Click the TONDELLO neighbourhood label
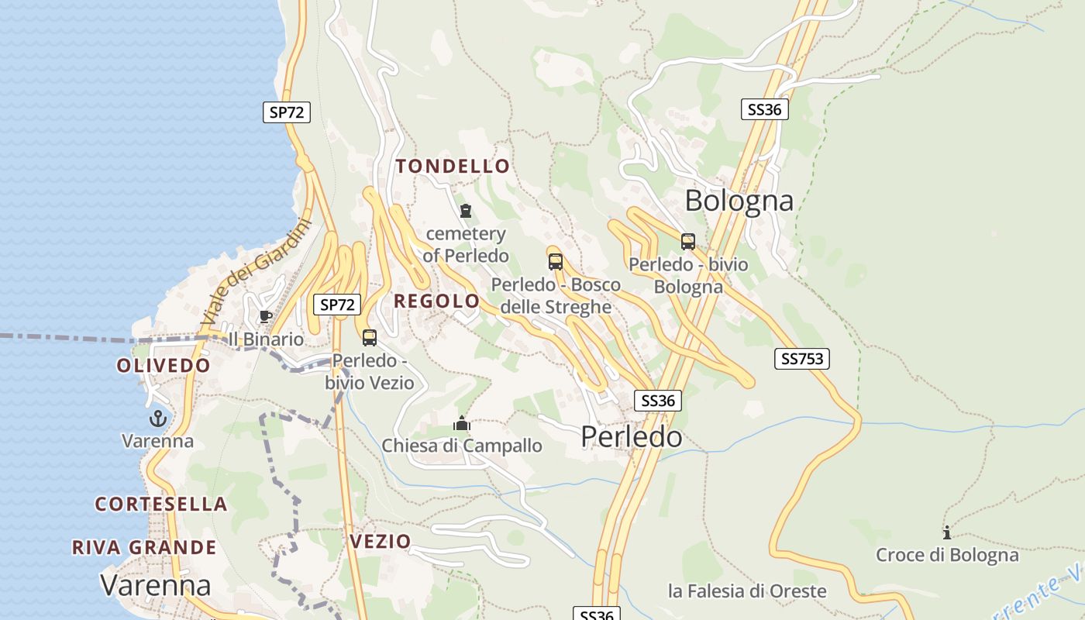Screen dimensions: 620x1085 tap(453, 166)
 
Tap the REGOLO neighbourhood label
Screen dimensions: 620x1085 tap(437, 301)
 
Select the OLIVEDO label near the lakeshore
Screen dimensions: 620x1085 tap(164, 366)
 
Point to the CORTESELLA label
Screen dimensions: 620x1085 tap(161, 504)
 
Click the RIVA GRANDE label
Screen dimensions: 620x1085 tap(144, 547)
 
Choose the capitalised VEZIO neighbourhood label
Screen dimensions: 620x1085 tap(380, 541)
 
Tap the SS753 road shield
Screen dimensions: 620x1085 tap(801, 359)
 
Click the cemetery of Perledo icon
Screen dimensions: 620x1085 tap(466, 211)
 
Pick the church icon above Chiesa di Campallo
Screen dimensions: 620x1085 tap(462, 424)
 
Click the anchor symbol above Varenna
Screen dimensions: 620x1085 tap(158, 419)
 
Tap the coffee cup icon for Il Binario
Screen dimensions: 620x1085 tap(266, 316)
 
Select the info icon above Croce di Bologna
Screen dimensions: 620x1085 tap(946, 532)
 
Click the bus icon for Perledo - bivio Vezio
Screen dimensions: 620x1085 tap(370, 338)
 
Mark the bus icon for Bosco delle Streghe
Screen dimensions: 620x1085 tap(556, 262)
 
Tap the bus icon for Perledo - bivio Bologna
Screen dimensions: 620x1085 tap(688, 242)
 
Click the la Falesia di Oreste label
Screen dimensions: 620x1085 tap(747, 591)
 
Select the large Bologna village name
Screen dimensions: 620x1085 tap(739, 201)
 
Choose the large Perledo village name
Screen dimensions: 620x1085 tap(632, 437)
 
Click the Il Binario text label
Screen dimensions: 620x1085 tap(266, 339)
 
